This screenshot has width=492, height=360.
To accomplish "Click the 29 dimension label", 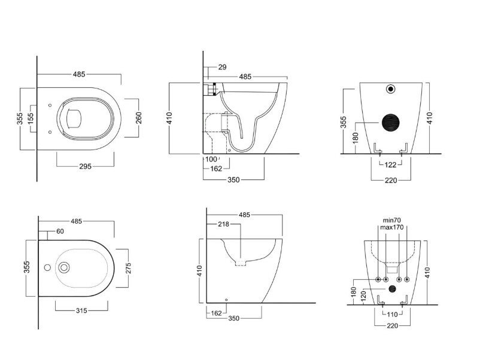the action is (222, 67).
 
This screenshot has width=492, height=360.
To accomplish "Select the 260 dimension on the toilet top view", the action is (139, 118).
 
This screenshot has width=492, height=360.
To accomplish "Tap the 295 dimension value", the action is (85, 166).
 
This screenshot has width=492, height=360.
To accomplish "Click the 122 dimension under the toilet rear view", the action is (390, 165).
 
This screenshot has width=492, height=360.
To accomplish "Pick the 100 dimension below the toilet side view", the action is (211, 159).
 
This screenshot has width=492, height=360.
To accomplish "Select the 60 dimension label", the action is (60, 231).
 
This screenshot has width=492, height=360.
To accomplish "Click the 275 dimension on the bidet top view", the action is (128, 268).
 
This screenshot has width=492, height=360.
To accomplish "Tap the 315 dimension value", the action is (81, 310).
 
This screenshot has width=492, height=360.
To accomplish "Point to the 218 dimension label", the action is (223, 224).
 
